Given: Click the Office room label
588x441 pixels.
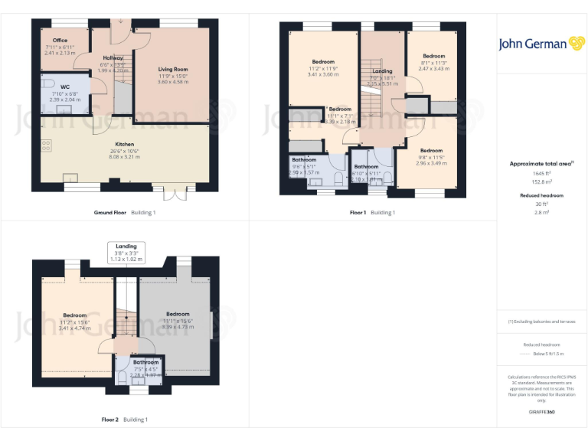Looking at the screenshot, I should tap(60, 40).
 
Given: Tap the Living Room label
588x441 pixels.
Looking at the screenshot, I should tap(172, 69).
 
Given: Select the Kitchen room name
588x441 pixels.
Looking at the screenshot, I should tap(124, 144).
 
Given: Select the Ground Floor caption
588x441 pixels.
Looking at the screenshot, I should tap(109, 212).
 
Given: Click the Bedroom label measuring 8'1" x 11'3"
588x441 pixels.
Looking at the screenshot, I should tap(434, 56).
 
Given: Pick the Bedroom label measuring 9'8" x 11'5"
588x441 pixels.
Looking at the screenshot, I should tap(431, 150).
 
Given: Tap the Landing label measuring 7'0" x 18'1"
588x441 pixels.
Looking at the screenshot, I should tap(381, 71).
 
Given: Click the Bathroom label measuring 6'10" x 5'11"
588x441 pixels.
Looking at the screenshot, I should tap(366, 166).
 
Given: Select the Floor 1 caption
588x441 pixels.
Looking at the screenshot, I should tap(358, 212).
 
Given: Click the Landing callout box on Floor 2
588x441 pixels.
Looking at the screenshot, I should tap(126, 252).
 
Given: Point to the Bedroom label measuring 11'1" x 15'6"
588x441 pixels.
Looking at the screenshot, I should tap(178, 314).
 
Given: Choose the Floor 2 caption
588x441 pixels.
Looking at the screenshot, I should tap(110, 420).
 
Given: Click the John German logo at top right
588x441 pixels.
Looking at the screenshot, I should tap(542, 44).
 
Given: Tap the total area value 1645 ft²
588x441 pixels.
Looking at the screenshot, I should tap(541, 173).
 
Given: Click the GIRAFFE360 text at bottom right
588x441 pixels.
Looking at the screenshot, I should tap(541, 413).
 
